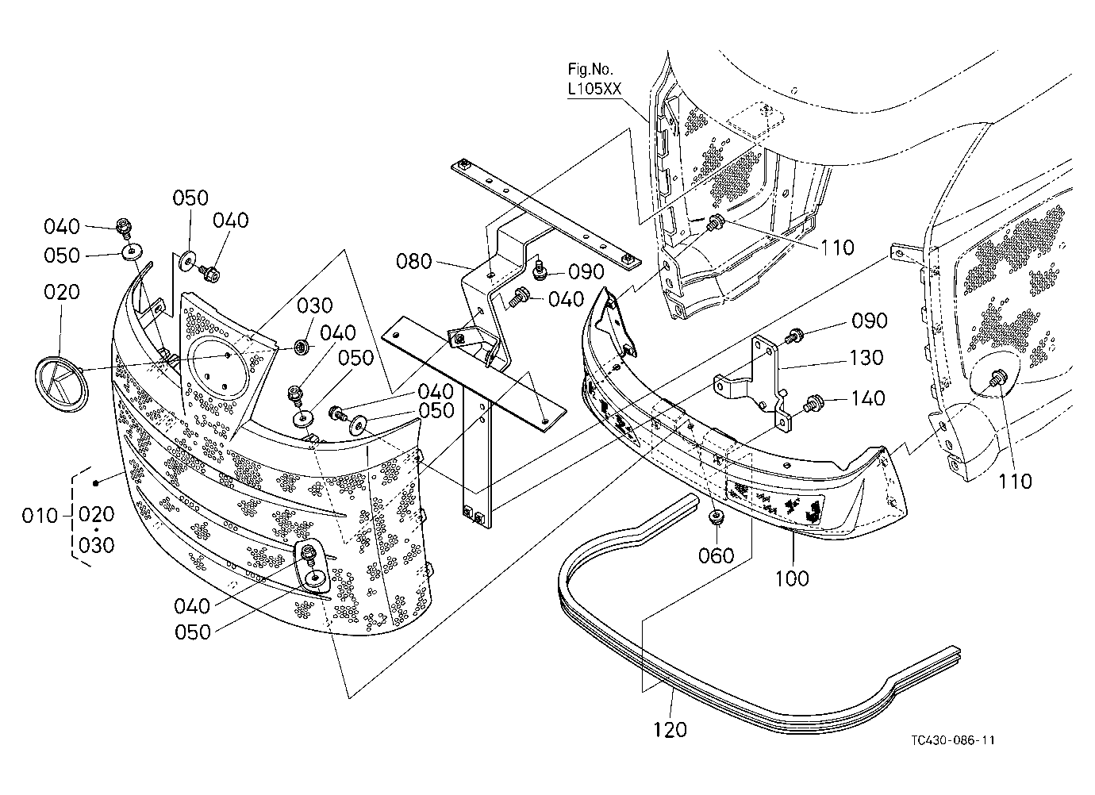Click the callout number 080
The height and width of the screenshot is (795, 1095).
coord(413,262)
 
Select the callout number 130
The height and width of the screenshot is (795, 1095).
coord(866,358)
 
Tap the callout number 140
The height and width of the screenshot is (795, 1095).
coord(868,398)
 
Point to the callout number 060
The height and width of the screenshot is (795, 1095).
coord(717,556)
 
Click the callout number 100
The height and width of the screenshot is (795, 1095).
coord(792,579)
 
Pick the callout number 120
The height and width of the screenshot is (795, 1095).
coord(670,730)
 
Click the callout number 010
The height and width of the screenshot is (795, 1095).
coord(40,516)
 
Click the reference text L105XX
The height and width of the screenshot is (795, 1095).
coord(594,89)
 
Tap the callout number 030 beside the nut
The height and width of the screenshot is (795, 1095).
coord(314,306)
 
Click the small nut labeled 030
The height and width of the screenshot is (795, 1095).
coord(302,348)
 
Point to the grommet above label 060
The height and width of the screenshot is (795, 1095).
coord(717,517)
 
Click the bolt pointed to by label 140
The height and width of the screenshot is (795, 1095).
coord(812,403)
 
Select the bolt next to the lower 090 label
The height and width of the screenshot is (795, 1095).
coord(793,336)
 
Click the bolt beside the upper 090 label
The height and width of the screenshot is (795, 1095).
coord(540,269)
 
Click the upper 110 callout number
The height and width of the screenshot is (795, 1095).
coord(837,248)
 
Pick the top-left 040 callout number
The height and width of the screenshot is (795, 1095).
coord(62,227)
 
